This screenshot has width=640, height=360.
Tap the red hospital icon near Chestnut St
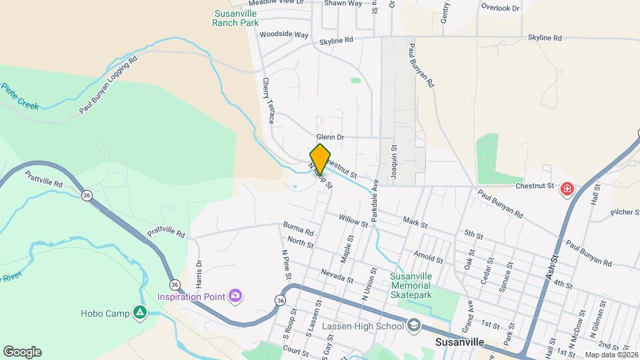[x=567, y=189]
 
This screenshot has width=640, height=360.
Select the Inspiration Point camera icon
[x=235, y=295]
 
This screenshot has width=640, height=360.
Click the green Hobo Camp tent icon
[x=139, y=312]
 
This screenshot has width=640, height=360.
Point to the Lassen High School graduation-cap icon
[x=413, y=325]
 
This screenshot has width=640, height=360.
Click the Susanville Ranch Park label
[x=235, y=18]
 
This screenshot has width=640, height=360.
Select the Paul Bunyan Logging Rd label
[x=107, y=85]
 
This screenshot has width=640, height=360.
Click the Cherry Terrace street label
[x=267, y=101]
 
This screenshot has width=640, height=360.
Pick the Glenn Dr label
[x=330, y=137]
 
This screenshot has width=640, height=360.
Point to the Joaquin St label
[x=394, y=160]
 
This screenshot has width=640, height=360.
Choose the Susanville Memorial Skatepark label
[x=411, y=285]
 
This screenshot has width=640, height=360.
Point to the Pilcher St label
[x=624, y=214]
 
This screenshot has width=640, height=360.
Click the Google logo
[x=22, y=352]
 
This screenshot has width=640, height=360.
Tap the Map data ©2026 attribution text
[x=611, y=355]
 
